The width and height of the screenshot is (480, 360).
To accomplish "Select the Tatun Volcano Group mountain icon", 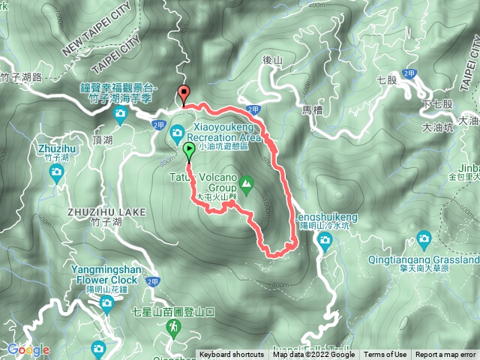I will click(x=245, y=183).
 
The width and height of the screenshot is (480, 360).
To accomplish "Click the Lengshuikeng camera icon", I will click(x=325, y=239).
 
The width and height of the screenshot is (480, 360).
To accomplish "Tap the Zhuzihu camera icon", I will click(x=56, y=173).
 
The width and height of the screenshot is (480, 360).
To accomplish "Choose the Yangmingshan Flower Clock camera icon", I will click(x=106, y=303).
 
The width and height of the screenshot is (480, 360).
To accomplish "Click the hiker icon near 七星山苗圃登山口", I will click(x=174, y=327).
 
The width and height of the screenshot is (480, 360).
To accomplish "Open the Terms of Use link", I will click(x=385, y=355).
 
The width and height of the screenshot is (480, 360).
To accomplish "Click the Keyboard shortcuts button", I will click(x=231, y=355).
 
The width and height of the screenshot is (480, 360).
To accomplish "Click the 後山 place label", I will click(x=271, y=59).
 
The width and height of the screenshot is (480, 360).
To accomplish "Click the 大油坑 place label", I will click(x=438, y=128).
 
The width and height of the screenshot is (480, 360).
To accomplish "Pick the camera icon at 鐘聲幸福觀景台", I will click(x=121, y=115).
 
